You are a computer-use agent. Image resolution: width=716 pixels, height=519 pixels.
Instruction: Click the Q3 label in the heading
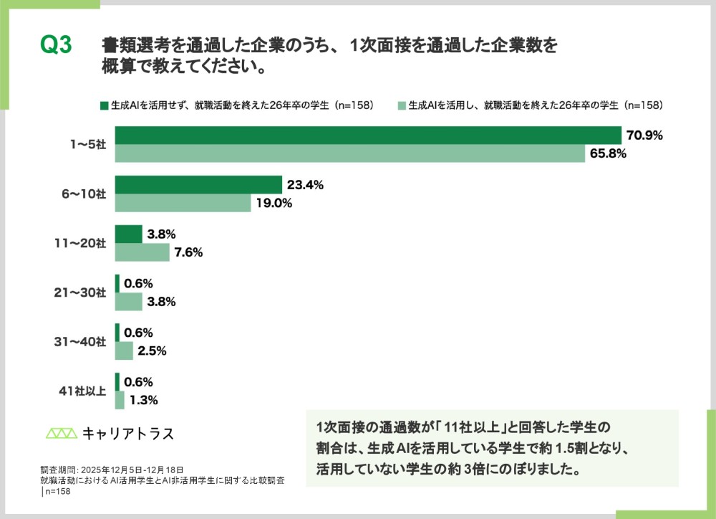coord(56,45)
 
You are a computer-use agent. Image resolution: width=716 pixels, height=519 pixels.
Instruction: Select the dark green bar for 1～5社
coord(367,135)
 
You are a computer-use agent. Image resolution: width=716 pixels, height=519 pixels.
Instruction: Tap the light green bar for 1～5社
coord(349,153)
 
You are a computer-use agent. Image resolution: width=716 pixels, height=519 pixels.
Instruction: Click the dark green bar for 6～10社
coord(198,184)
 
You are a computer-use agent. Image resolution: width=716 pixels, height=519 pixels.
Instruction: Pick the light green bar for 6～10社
coord(183,203)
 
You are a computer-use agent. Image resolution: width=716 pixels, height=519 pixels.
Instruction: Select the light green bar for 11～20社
coord(142,252)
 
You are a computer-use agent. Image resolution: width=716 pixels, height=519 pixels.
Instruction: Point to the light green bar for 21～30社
coord(128,301)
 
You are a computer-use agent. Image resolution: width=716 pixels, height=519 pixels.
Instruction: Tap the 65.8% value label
coord(608,153)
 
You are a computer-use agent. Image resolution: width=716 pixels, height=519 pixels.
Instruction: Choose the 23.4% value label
coord(305,184)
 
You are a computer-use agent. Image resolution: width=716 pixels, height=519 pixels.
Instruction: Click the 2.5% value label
coord(151,351)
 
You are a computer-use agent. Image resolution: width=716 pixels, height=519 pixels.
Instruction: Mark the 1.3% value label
coord(142,400)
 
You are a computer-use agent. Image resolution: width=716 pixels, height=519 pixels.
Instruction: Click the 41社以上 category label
coord(82,391)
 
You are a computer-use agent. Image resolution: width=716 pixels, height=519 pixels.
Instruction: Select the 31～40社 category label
coord(82,342)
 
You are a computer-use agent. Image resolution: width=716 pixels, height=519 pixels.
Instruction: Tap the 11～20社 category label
coord(82,244)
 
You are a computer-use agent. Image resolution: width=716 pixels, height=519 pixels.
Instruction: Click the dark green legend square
coord(104,105)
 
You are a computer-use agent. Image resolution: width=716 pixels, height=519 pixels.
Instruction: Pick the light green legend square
coord(402,105)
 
